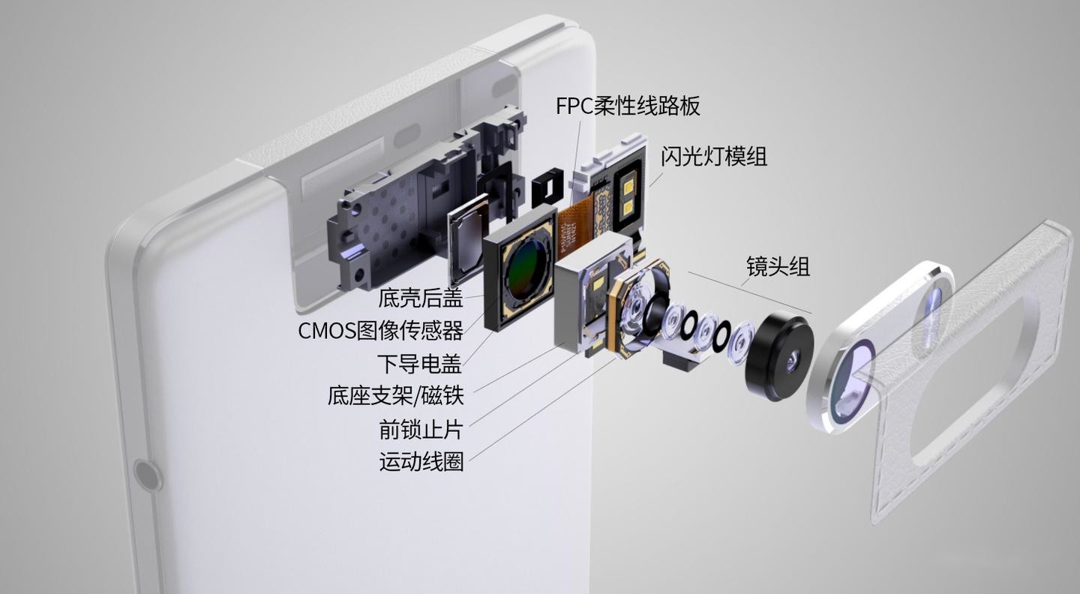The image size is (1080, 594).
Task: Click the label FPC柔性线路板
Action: click(x=628, y=106)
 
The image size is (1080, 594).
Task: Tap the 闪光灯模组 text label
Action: click(x=713, y=157)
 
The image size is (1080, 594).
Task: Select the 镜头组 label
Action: click(x=778, y=266)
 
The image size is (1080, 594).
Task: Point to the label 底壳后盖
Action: click(x=420, y=298)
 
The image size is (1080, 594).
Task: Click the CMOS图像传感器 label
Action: click(x=380, y=330)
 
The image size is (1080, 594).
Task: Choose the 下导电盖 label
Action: click(x=418, y=364)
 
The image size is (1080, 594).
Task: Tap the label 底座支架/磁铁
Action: click(x=395, y=395)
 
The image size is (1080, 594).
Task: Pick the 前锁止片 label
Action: click(x=421, y=429)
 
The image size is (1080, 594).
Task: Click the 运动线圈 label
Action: click(x=421, y=461)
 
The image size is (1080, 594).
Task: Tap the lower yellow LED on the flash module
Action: click(x=627, y=205)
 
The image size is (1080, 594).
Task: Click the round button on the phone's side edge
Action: click(x=147, y=475)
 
